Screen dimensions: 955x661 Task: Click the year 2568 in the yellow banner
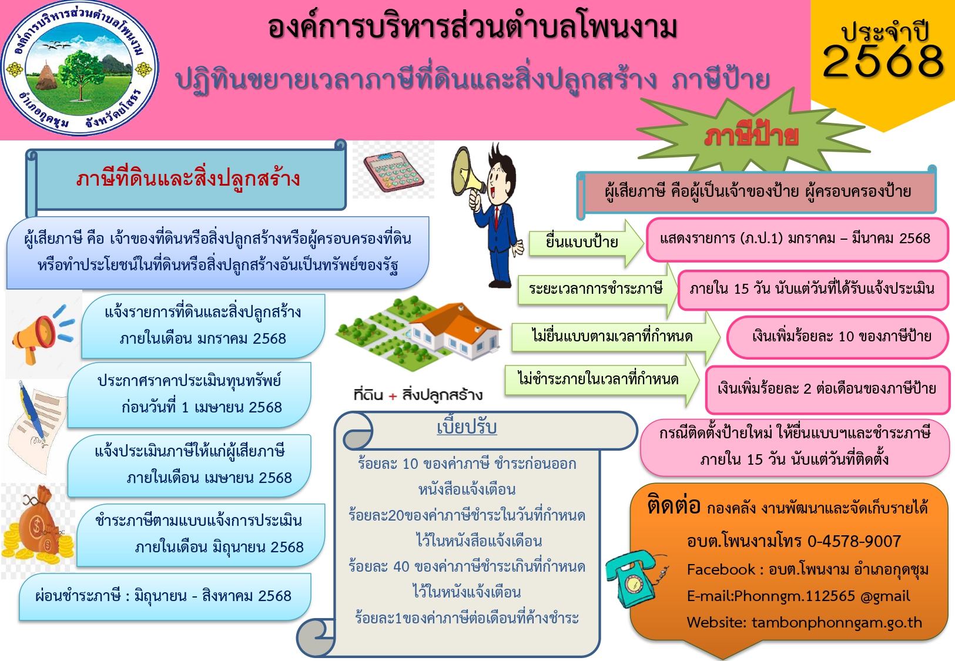click(x=883, y=62)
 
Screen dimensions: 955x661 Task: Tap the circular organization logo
click(x=80, y=68)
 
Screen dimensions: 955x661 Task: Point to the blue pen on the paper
click(x=32, y=411)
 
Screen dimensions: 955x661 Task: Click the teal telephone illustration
click(x=632, y=578)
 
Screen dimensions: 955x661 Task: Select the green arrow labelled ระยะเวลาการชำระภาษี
click(x=597, y=290)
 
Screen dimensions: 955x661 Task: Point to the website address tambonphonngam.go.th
click(x=836, y=622)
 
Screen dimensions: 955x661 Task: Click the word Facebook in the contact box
click(x=721, y=569)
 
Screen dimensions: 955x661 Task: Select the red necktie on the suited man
click(x=496, y=218)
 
